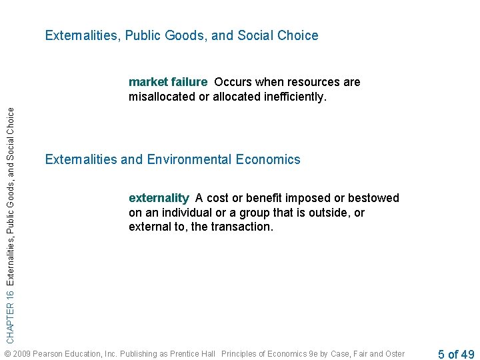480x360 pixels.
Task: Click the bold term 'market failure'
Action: click(x=168, y=82)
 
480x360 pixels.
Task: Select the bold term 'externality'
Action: click(x=159, y=198)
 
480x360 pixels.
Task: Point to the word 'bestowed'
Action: click(x=376, y=198)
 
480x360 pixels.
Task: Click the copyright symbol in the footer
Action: click(x=7, y=353)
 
